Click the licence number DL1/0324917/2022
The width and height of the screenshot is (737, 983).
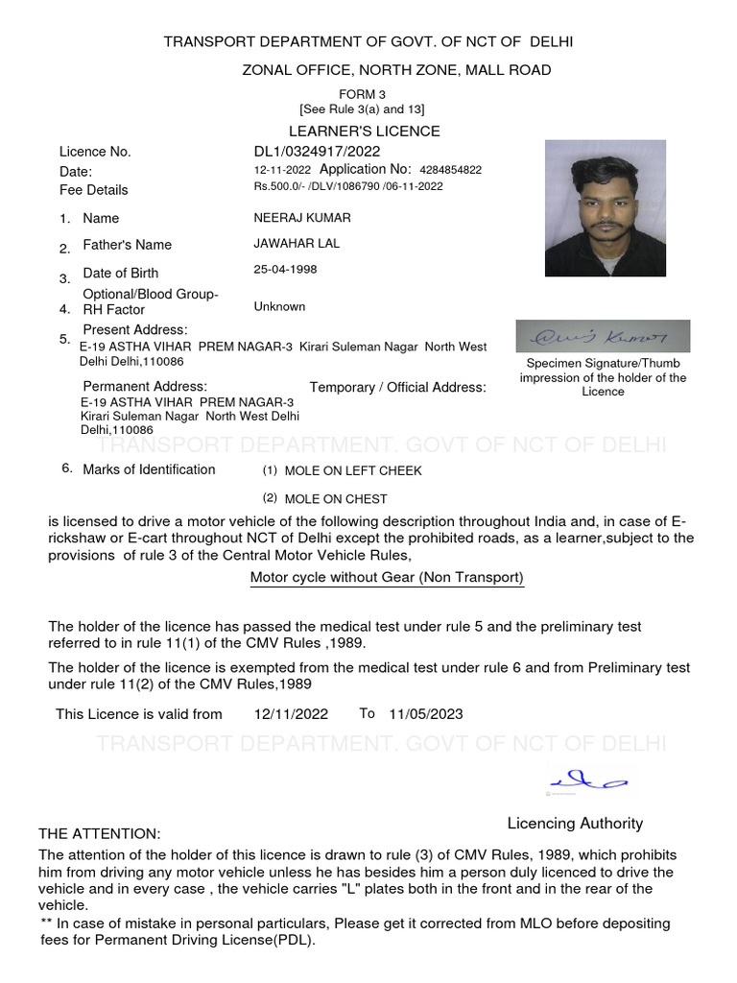click(317, 152)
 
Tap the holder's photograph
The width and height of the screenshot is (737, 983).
click(605, 208)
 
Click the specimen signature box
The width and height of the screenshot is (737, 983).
click(603, 336)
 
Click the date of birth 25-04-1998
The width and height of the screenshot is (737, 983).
click(285, 270)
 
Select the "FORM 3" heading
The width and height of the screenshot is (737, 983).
click(362, 94)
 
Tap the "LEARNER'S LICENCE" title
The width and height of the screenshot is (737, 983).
click(365, 132)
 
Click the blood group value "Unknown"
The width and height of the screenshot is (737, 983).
click(279, 307)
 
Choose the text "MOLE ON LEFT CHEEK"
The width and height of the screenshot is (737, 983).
click(353, 471)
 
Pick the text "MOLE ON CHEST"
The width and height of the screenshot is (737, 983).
click(336, 499)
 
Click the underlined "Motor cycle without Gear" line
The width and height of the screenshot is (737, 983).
click(387, 578)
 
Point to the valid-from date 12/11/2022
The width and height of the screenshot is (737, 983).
click(291, 714)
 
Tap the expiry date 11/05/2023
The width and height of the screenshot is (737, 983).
click(426, 714)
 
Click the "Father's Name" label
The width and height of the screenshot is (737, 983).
click(127, 245)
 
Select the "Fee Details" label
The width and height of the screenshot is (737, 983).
click(93, 190)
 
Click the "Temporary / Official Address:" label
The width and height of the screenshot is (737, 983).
click(397, 388)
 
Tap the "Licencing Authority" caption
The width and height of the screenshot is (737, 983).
click(575, 824)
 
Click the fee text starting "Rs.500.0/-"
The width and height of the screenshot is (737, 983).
click(347, 187)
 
